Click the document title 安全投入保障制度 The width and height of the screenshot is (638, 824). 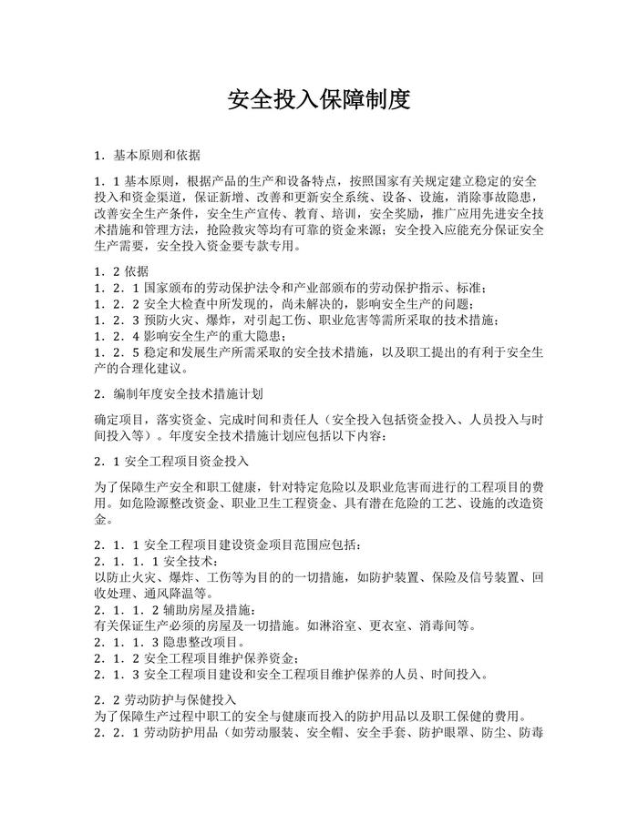click(319, 99)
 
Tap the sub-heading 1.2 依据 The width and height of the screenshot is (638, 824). click(122, 271)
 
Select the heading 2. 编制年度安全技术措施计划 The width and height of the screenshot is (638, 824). click(179, 394)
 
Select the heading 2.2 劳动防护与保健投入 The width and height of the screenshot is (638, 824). click(165, 699)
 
